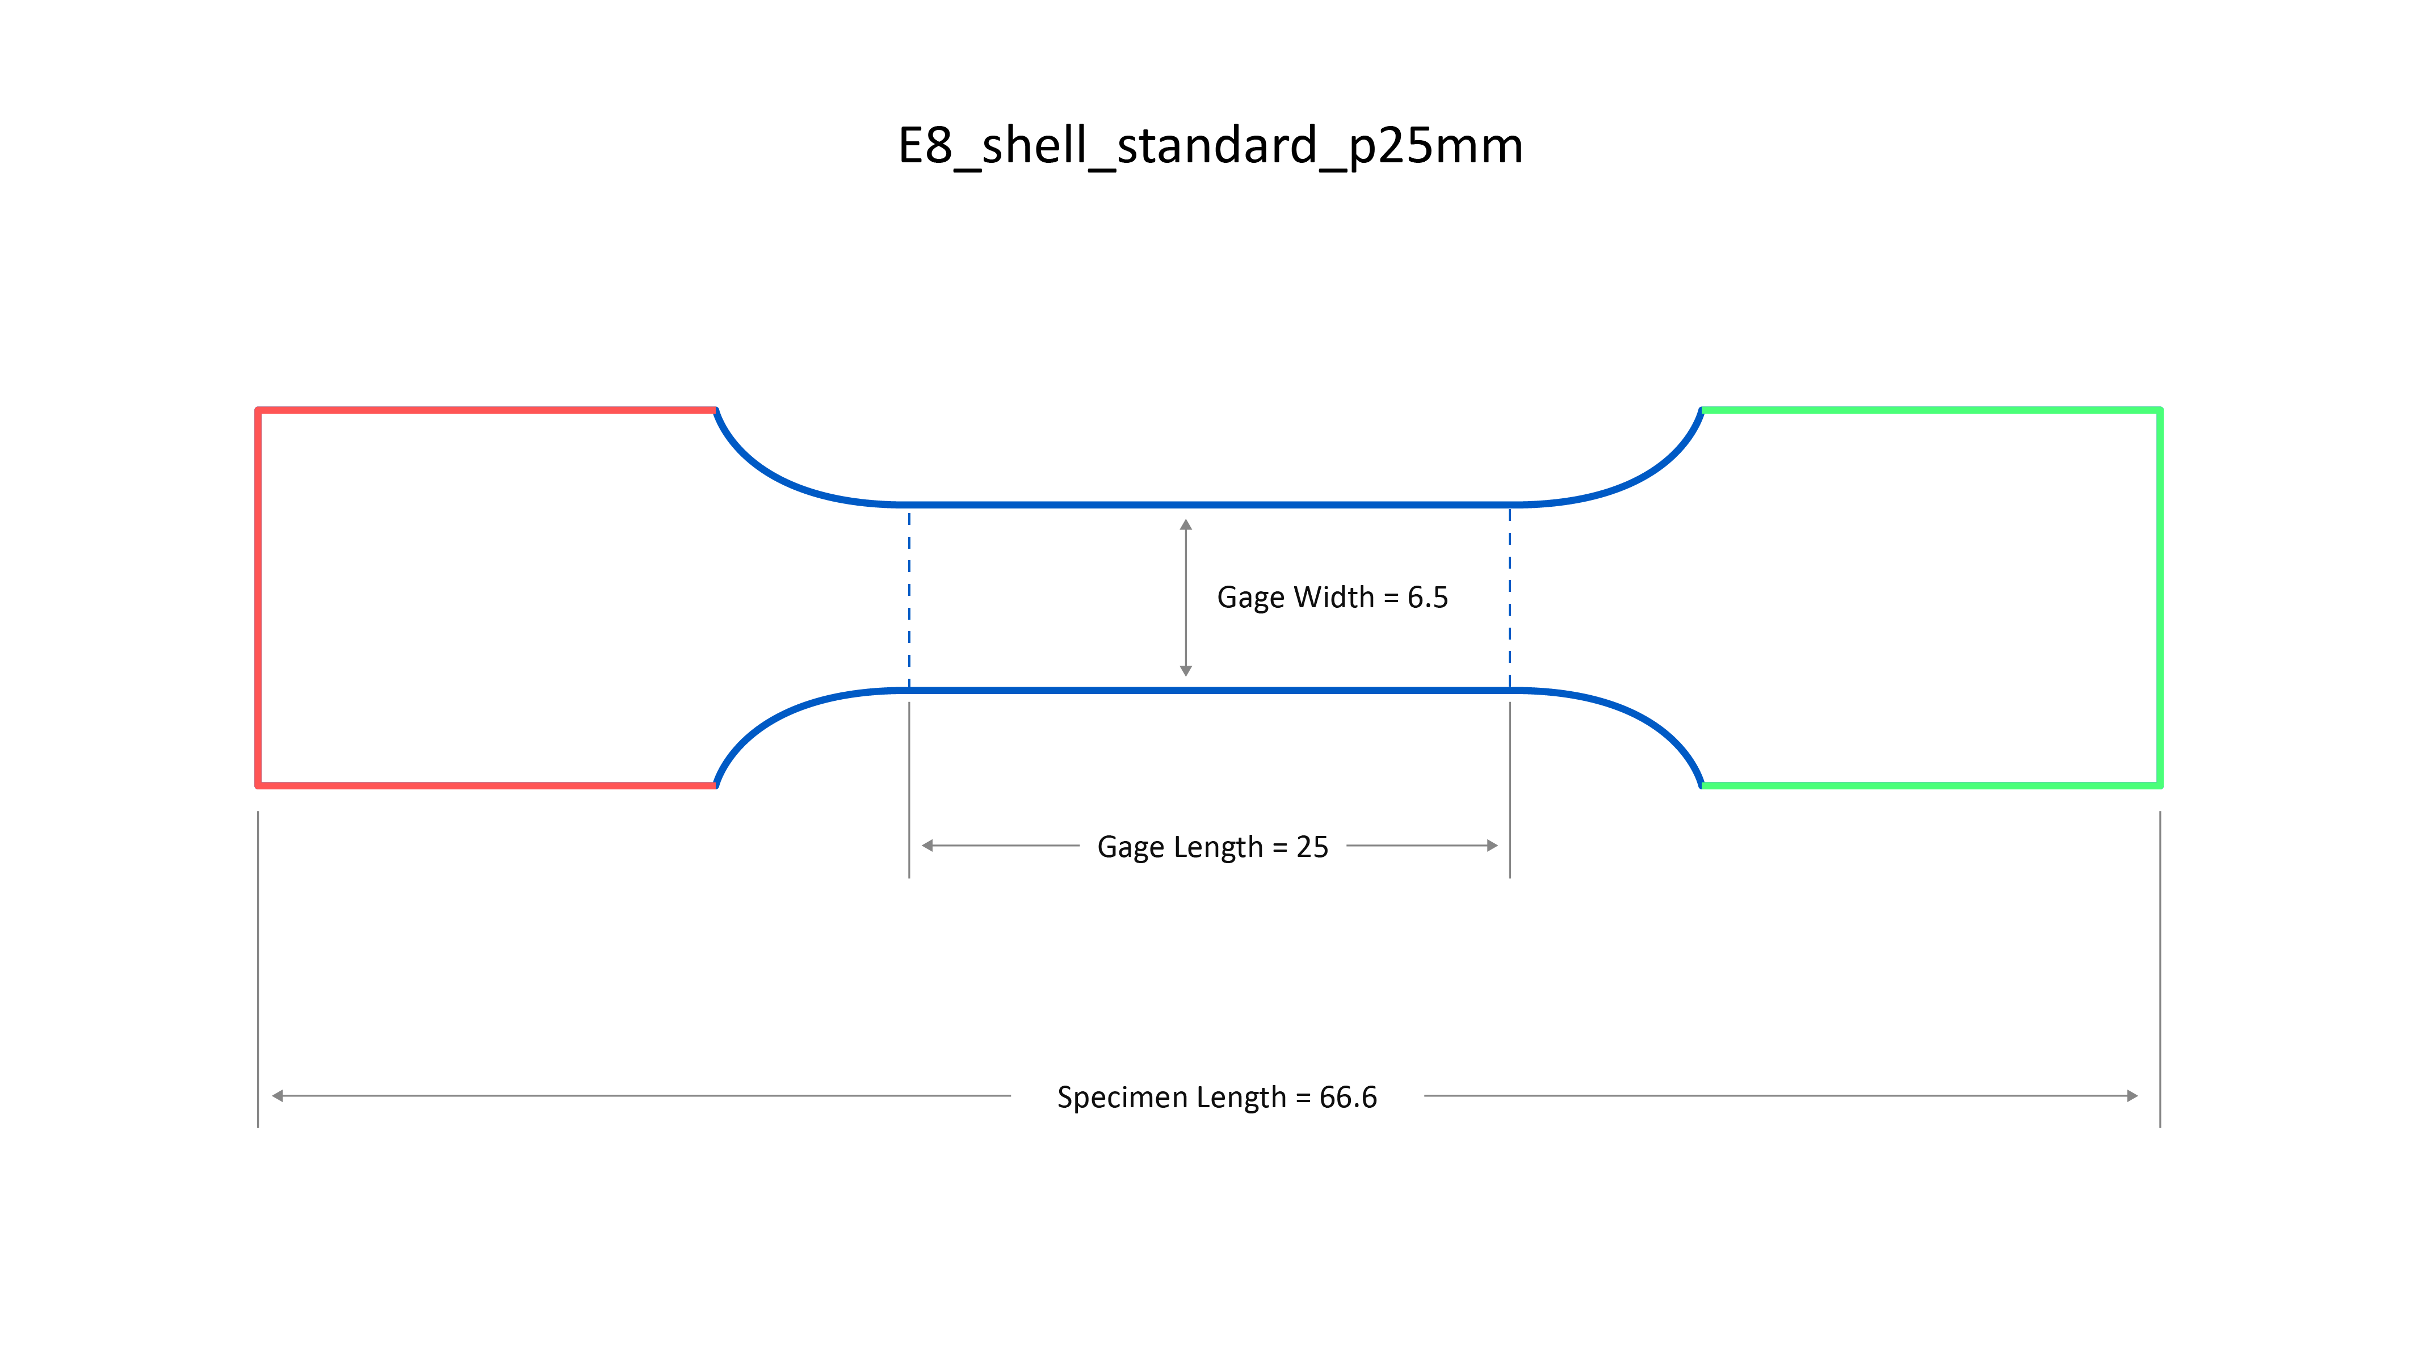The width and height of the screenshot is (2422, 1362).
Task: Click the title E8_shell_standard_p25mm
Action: click(x=1210, y=146)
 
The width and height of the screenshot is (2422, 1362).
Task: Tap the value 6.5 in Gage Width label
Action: click(x=1427, y=598)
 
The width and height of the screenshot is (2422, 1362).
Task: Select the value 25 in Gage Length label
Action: click(x=1312, y=847)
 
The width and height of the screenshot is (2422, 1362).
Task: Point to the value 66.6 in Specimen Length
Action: click(x=1348, y=1097)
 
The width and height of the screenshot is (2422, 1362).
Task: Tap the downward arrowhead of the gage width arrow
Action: click(x=1186, y=670)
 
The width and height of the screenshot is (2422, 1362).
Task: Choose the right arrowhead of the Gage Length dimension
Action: click(x=1492, y=846)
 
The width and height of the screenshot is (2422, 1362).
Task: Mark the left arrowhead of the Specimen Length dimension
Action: click(x=278, y=1096)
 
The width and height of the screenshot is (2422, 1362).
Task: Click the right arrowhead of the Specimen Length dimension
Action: click(x=2133, y=1096)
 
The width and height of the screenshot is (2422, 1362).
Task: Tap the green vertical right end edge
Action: click(x=2160, y=598)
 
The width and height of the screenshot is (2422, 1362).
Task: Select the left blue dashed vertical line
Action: click(x=909, y=598)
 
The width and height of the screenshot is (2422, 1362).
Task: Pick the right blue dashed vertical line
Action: click(x=1510, y=598)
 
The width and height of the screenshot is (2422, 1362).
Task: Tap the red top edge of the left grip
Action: click(x=486, y=410)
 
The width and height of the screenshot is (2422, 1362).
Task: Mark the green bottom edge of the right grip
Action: click(x=1931, y=785)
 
